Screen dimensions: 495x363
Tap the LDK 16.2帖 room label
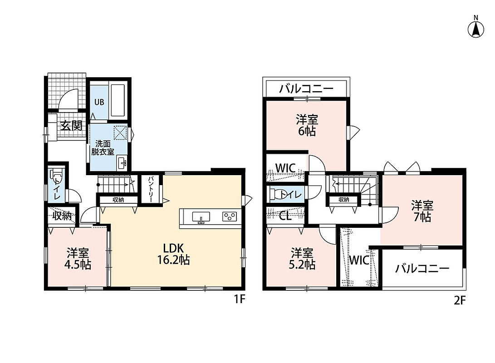pos(173,254)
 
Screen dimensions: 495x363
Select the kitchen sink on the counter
pos(201,218)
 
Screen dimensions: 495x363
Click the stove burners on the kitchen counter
pos(230,216)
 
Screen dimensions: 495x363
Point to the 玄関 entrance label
pos(72,126)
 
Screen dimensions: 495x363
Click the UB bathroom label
pos(99,102)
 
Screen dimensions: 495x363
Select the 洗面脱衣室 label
pos(103,147)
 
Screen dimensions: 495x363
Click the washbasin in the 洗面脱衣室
pos(122,162)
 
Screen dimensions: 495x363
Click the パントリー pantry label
pos(151,189)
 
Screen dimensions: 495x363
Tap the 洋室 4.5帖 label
pos(78,259)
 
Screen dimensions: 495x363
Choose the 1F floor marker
pos(240,299)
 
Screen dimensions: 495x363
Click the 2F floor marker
pos(460,300)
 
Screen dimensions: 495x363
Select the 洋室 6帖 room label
pos(307,125)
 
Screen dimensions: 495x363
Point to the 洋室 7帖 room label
pos(422,211)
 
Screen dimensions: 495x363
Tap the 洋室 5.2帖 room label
pos(302,259)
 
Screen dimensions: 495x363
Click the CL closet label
pos(285,216)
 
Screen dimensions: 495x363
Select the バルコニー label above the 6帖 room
pos(306,88)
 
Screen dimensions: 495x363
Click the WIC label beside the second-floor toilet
pos(285,168)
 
